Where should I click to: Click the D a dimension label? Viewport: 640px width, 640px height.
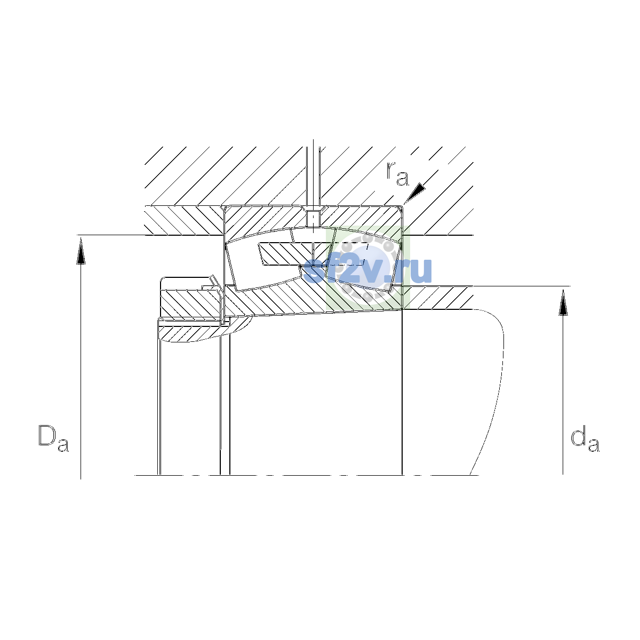[x=53, y=438]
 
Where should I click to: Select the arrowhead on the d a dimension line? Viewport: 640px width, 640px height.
[x=563, y=302]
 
